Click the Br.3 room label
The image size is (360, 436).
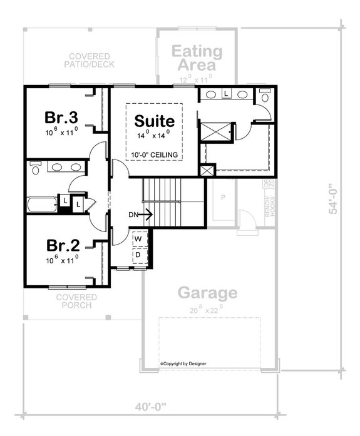coord(61,118)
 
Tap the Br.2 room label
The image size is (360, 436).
coord(61,243)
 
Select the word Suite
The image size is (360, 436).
coord(154,119)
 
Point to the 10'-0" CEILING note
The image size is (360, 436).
coord(155,155)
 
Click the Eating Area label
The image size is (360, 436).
coord(197,58)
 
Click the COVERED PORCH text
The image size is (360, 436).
coord(76,301)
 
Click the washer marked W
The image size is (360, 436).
coord(138,239)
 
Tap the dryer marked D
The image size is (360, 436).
coord(138,255)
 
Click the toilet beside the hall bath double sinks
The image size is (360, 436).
coord(35,167)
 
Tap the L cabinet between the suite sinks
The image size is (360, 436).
coord(225,94)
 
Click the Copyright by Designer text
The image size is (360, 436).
coord(183,363)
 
